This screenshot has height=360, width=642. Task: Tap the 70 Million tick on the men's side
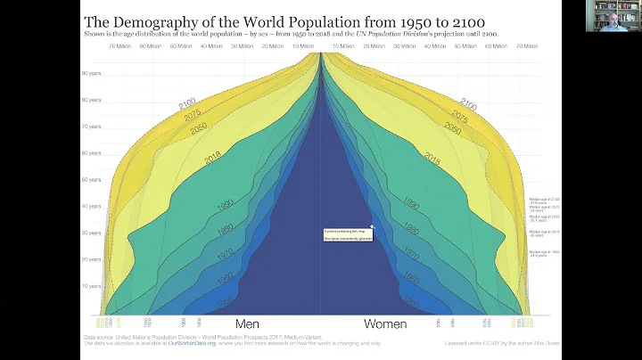[x=119, y=45]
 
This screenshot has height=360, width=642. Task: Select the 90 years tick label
[x=90, y=73]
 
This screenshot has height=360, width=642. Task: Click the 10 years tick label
[x=90, y=286]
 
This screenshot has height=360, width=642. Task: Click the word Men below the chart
[x=247, y=324]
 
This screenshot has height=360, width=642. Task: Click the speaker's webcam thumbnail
[x=613, y=15]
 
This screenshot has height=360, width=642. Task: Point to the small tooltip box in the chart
[x=348, y=233]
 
